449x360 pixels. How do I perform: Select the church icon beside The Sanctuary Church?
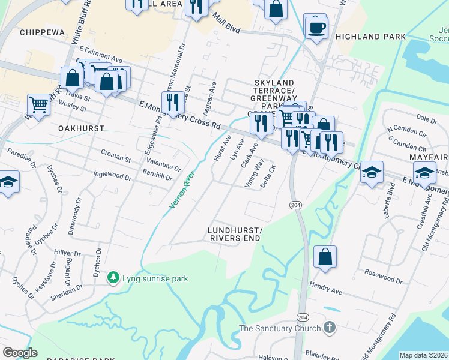[x=328, y=328]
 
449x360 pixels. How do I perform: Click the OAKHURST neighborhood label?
[x=82, y=128]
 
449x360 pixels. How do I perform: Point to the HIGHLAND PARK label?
[x=371, y=37]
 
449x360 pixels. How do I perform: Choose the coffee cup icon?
[x=316, y=27]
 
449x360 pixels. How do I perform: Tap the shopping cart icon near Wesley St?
[x=38, y=104]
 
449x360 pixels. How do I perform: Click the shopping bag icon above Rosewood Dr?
[x=324, y=257]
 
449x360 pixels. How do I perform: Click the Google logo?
[x=20, y=352]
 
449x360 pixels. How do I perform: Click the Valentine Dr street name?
[x=164, y=165]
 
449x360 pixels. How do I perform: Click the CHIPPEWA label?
[x=42, y=32]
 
